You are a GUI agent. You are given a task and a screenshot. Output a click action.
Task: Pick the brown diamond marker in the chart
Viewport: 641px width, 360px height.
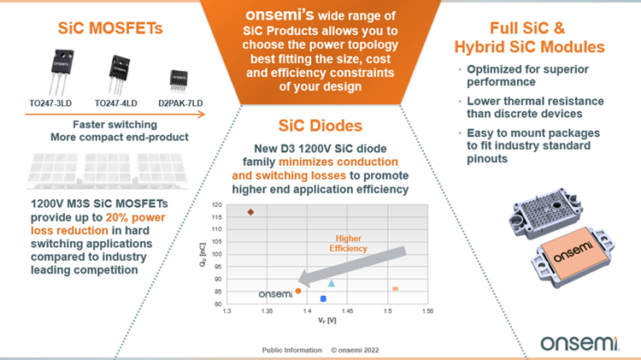click(x=250, y=212)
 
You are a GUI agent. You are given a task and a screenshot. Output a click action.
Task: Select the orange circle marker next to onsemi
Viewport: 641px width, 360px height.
click(x=298, y=291)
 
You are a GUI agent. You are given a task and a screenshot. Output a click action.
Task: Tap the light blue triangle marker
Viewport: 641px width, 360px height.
click(x=332, y=283)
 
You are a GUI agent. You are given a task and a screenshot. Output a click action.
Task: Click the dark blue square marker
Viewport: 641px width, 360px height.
click(x=324, y=298)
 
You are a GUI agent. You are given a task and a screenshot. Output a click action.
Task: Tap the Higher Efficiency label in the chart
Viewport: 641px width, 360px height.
click(x=352, y=242)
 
